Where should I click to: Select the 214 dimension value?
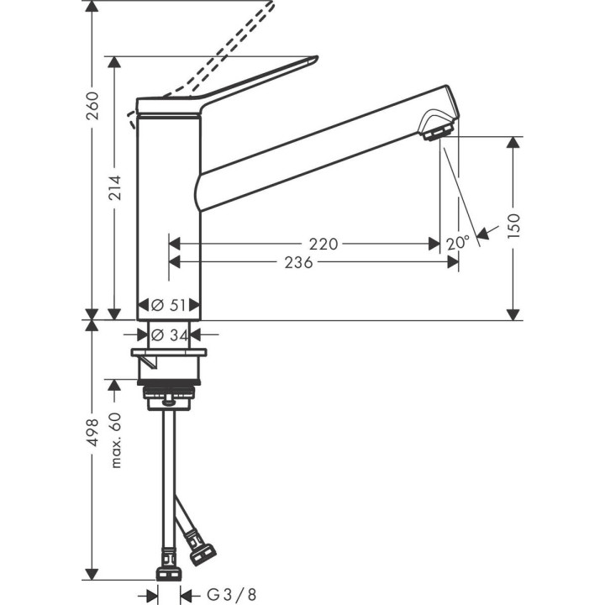115,188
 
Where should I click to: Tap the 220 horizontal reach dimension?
323,245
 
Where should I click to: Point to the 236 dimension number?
299,263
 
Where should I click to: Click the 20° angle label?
458,243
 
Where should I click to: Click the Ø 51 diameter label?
169,305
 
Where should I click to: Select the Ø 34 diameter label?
169,334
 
